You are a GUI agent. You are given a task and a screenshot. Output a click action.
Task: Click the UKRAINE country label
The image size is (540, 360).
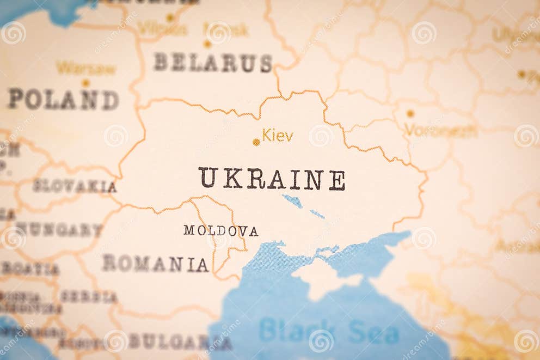coord(271,179)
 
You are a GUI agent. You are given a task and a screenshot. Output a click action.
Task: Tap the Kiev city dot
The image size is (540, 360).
coord(256,142)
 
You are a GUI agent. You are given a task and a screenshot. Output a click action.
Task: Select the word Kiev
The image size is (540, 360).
coord(278,135)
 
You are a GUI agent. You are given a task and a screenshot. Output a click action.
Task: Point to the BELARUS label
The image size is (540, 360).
coord(212,63)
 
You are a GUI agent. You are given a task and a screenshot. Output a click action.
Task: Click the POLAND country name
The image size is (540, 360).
coord(63,100)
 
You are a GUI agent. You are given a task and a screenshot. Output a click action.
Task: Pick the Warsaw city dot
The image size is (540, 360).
coord(85,83)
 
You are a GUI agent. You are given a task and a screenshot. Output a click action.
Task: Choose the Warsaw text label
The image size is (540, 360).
coord(86,69)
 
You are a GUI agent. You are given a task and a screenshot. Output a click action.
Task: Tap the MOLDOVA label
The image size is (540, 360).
coord(220,230)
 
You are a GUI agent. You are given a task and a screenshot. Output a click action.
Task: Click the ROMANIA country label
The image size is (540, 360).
coord(155,264)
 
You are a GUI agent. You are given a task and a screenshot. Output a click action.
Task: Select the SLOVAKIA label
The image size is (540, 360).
coord(75,186)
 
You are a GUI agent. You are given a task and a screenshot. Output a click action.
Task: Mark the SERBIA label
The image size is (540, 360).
coord(88,297)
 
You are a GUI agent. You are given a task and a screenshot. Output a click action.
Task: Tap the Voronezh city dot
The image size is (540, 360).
coord(410,113)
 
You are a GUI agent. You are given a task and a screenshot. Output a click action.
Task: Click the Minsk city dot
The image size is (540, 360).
coord(207,44)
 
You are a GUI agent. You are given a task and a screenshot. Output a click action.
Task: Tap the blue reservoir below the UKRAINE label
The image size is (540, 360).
coord(292,201)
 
